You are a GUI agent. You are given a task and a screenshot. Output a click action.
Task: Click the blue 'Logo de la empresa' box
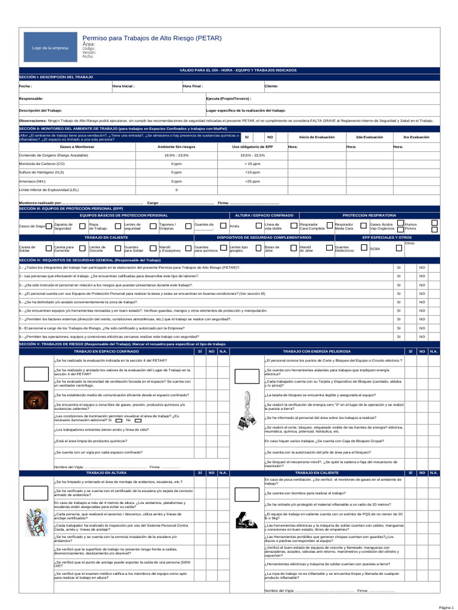50,48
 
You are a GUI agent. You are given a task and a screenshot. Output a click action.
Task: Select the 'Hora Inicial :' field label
124,86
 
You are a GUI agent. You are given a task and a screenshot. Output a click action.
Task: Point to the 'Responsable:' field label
31,98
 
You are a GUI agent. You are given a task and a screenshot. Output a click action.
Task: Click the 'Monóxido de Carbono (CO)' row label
42,163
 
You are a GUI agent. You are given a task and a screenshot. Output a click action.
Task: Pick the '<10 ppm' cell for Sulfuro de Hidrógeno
252,172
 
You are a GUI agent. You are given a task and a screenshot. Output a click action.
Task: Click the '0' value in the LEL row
177,189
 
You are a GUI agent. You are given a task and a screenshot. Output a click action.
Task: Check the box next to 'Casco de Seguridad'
49,226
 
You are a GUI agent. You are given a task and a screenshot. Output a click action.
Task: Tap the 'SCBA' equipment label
375,248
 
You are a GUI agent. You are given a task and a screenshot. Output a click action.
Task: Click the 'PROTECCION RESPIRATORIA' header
369,214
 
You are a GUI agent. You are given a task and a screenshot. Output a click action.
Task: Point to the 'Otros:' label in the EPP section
410,243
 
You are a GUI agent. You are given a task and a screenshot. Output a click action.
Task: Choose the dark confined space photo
35,401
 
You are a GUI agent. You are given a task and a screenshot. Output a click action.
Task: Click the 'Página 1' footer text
447,606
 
